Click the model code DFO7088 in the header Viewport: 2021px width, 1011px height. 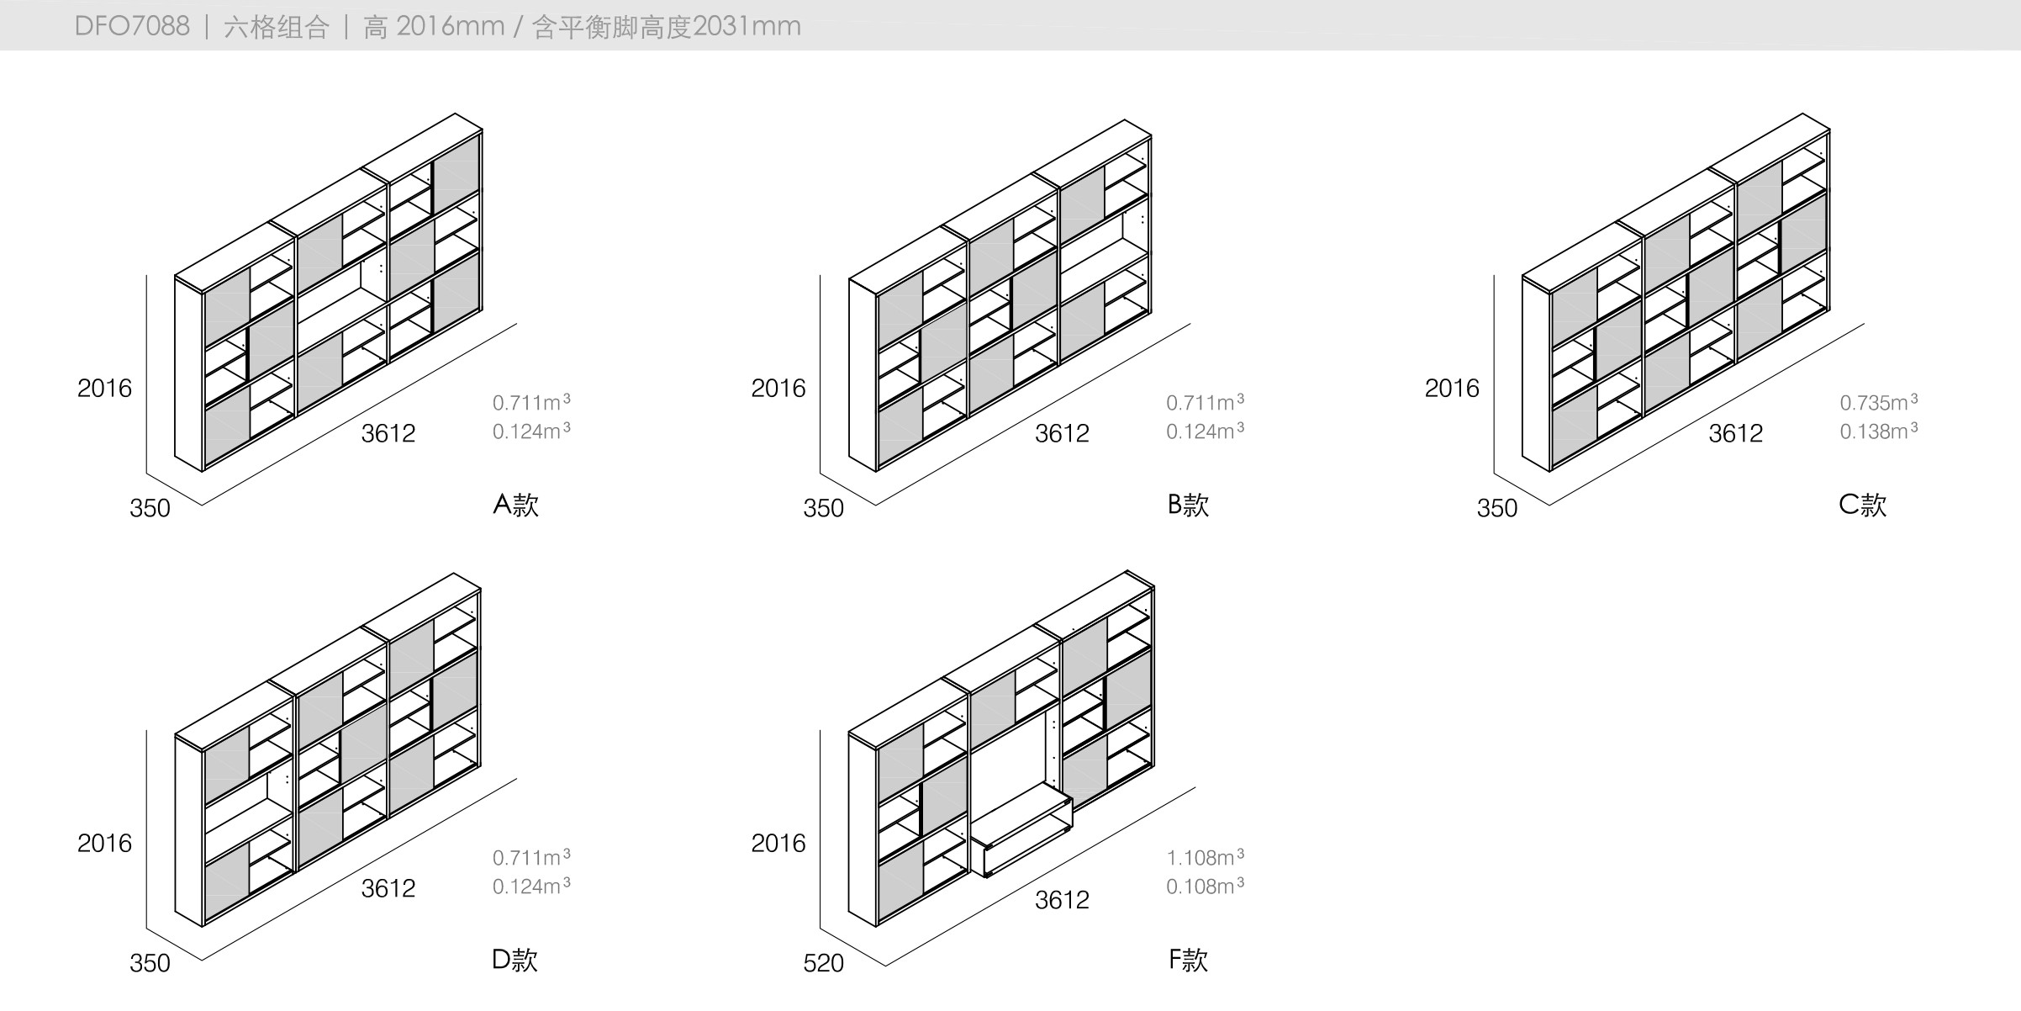[132, 26]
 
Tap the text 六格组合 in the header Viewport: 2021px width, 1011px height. [276, 27]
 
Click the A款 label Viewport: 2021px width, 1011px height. [515, 505]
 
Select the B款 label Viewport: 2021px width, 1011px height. [1188, 505]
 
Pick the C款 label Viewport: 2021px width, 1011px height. [1862, 505]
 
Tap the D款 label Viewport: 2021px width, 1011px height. [514, 960]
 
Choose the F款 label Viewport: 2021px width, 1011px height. [1188, 960]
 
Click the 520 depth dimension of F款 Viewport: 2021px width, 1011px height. [823, 963]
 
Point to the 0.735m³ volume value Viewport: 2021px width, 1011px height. [1878, 402]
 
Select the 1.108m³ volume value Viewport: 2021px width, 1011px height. [1205, 857]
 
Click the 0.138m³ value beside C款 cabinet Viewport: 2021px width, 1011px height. [1878, 431]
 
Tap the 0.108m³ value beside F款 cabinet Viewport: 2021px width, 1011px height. [1205, 886]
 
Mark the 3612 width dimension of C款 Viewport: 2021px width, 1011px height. [1735, 433]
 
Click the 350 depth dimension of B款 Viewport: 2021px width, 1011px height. [823, 508]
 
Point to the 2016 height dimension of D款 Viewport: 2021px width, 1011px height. [104, 843]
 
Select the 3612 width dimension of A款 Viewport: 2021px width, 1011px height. [388, 433]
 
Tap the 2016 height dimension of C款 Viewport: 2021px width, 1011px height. [1451, 388]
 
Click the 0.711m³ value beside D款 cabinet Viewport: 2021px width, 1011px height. [531, 857]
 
